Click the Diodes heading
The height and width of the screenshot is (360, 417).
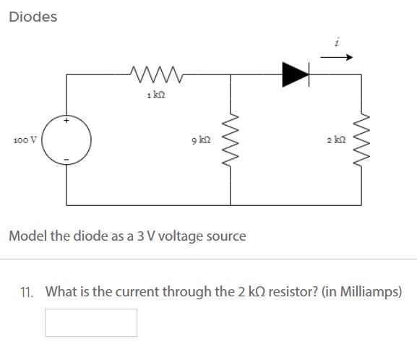33,17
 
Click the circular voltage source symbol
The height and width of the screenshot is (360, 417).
69,139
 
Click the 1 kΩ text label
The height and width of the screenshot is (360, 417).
153,95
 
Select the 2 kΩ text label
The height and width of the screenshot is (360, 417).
335,139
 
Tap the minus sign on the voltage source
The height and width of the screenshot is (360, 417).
67,158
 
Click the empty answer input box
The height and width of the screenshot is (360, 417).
91,322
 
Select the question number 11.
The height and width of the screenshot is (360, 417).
27,292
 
